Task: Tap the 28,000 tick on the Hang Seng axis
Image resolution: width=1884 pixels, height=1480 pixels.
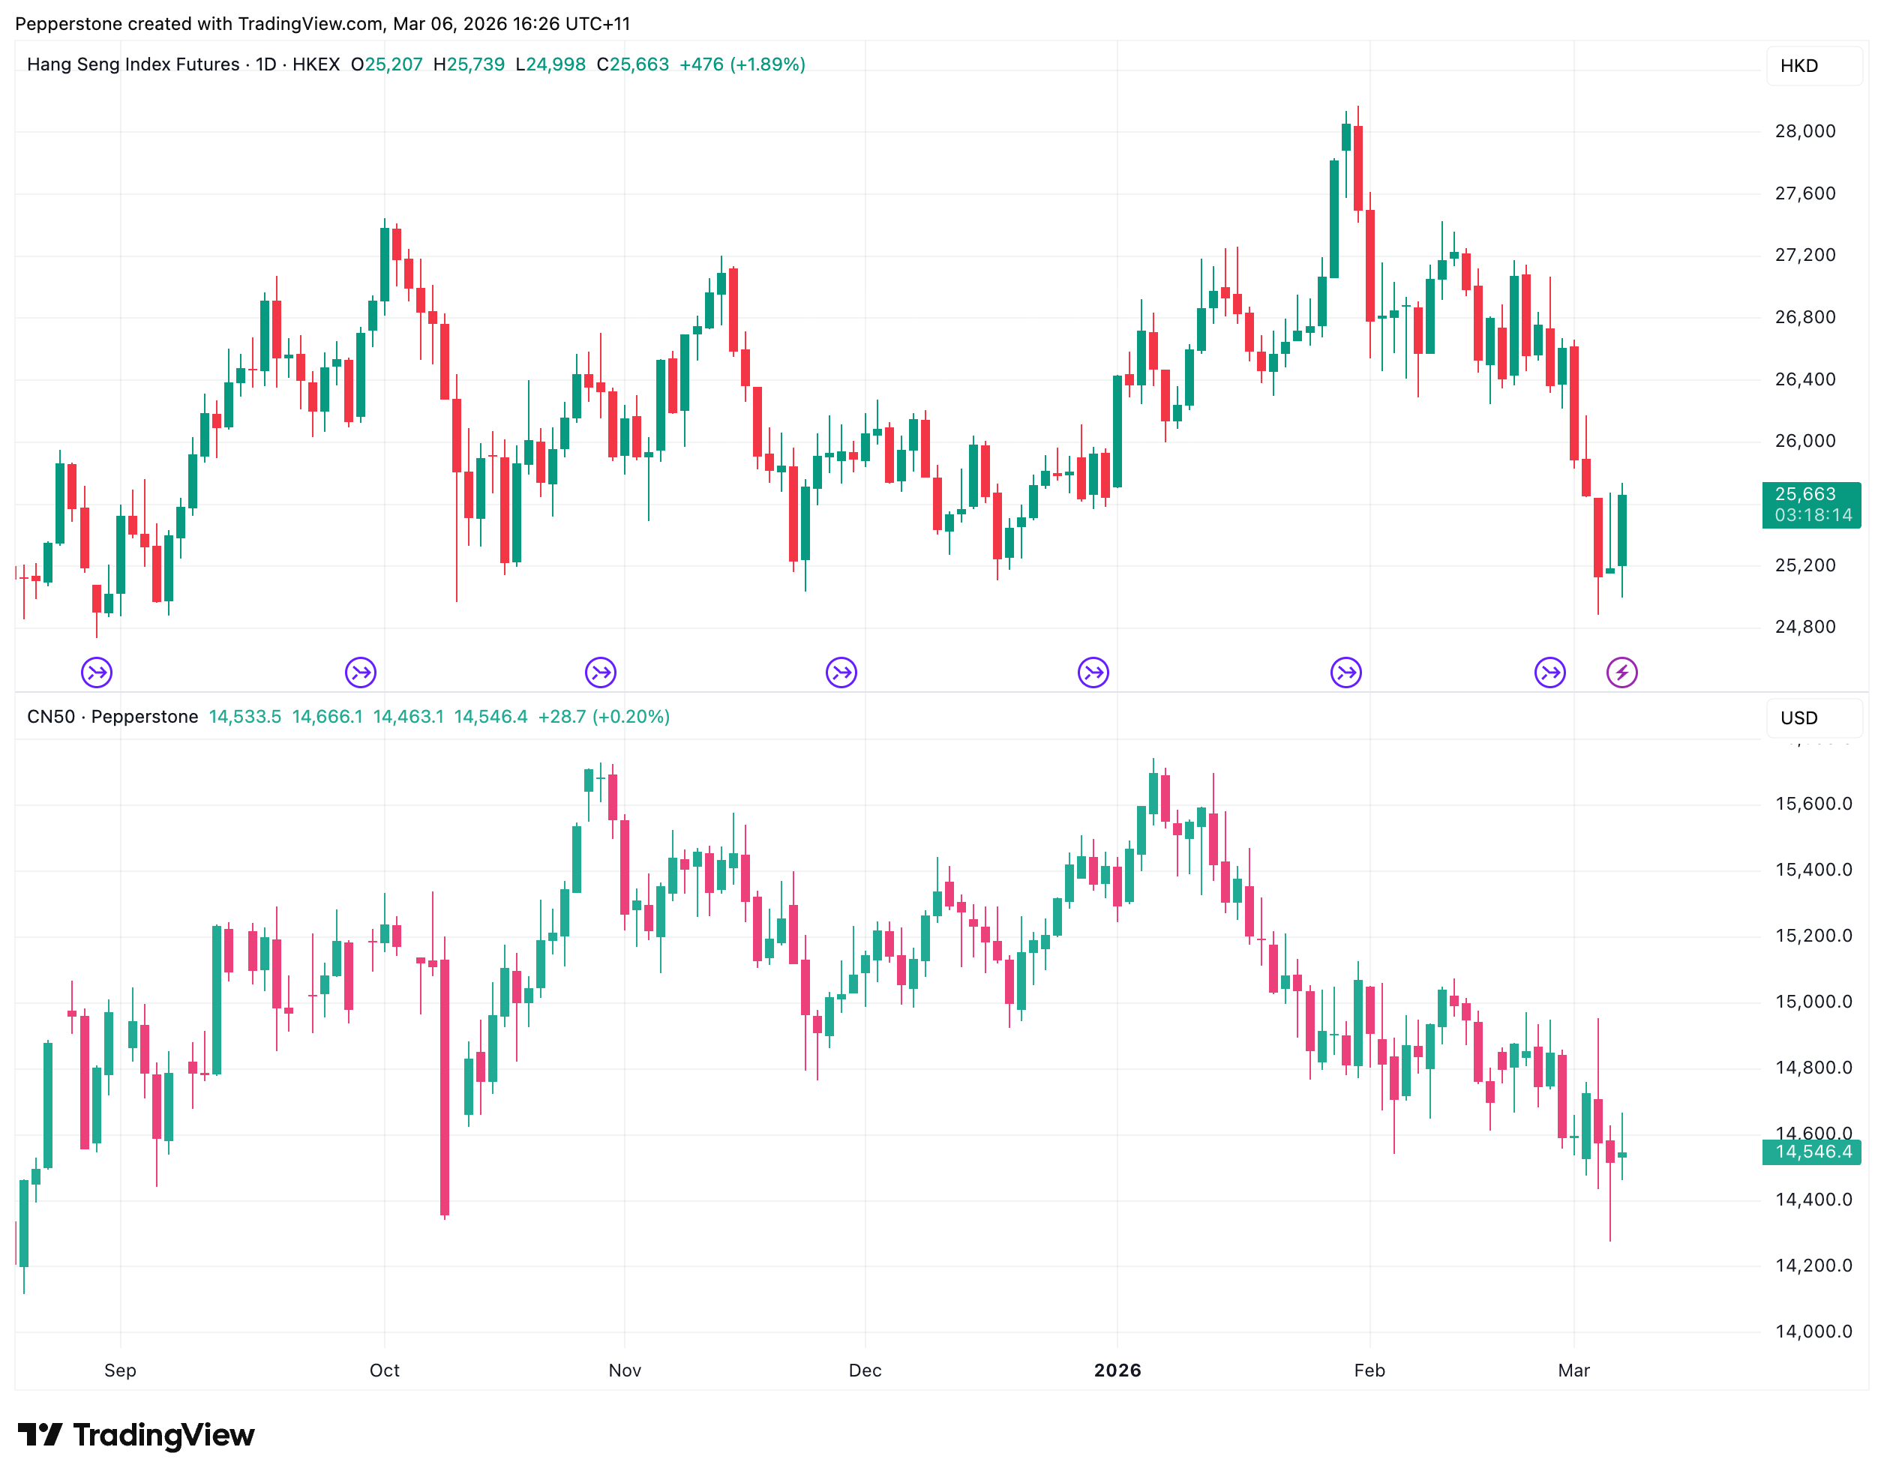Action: (x=1805, y=132)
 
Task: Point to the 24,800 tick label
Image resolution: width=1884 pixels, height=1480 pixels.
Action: (x=1805, y=628)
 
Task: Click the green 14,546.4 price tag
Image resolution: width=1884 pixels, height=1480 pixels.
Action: (x=1812, y=1152)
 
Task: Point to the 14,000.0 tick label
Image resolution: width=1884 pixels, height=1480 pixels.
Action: (x=1813, y=1332)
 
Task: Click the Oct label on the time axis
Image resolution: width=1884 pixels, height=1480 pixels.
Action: (x=384, y=1371)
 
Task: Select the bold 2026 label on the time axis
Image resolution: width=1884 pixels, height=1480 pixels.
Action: (x=1117, y=1371)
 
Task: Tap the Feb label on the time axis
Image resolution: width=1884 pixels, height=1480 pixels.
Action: (x=1369, y=1371)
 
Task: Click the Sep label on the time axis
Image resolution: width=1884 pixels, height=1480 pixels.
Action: (x=121, y=1371)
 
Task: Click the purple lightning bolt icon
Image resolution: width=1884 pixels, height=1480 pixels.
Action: (x=1621, y=673)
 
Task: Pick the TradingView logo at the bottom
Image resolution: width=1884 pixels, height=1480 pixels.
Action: (x=136, y=1435)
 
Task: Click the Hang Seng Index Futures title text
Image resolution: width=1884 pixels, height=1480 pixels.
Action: (x=133, y=65)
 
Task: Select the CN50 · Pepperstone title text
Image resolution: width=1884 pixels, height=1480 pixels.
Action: (x=112, y=718)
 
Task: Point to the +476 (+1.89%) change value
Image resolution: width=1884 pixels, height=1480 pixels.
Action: (x=742, y=65)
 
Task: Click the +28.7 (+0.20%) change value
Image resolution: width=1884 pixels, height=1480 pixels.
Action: (x=603, y=718)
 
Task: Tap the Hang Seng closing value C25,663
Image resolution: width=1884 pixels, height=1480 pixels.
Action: (x=632, y=65)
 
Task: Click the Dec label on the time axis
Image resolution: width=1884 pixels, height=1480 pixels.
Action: (x=865, y=1371)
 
